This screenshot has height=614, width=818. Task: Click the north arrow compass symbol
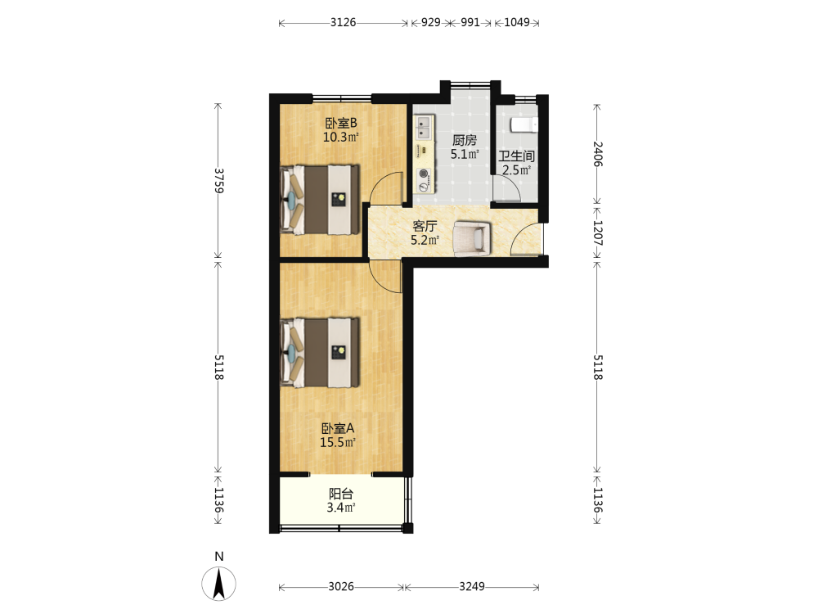(x=218, y=583)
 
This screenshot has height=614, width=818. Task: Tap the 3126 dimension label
(x=343, y=22)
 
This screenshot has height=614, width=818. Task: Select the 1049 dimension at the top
(x=516, y=22)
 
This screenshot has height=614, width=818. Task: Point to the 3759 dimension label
(x=219, y=181)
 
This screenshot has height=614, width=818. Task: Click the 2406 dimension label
(x=598, y=154)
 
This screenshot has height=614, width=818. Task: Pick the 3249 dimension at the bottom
(x=472, y=587)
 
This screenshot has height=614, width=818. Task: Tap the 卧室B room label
(x=341, y=124)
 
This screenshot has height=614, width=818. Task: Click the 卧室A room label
(x=338, y=429)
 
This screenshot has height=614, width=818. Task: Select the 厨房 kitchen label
(x=465, y=140)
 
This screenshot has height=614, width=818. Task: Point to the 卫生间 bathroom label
(x=516, y=156)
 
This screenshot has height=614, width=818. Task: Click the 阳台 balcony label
(x=341, y=494)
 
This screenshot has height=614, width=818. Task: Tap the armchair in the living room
(x=472, y=238)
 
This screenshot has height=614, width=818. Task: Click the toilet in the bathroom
(x=524, y=125)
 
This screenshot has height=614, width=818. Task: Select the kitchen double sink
(x=424, y=128)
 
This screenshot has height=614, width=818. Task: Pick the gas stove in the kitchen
(x=424, y=180)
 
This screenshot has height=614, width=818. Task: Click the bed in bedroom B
(x=320, y=200)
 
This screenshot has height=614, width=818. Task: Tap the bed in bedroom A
(x=320, y=352)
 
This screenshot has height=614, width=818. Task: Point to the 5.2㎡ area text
(x=425, y=240)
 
